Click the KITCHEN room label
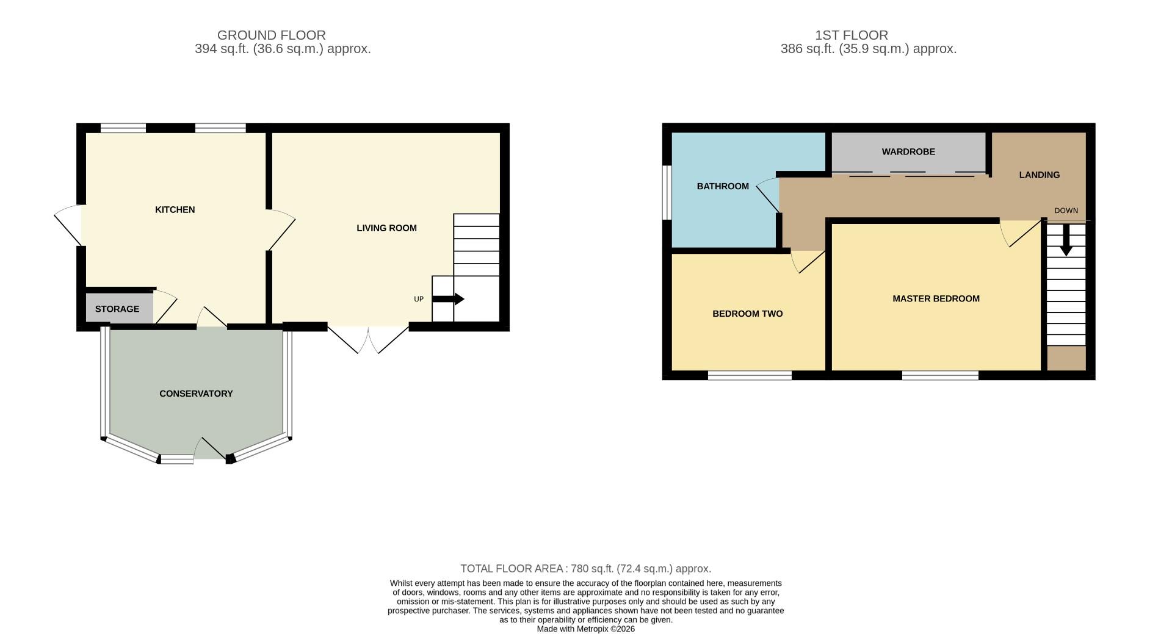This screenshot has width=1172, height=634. coord(175,209)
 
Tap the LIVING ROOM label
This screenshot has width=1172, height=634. coord(386,228)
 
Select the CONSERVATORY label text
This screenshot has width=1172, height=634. coord(196,394)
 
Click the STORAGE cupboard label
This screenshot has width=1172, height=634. coord(117,309)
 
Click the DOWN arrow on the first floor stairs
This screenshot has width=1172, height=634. coord(1066,241)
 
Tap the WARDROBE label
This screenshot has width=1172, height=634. coord(908,151)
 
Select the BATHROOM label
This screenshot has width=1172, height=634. coord(722,186)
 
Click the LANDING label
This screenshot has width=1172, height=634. coord(1039,175)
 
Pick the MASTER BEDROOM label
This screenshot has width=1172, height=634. coord(936,298)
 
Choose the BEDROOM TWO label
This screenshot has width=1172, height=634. coord(747,314)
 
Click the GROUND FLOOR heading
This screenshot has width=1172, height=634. coord(271,35)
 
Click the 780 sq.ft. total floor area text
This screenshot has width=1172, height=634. coord(586,569)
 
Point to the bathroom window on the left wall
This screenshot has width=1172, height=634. coord(667,192)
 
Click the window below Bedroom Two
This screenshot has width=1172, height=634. coord(750,375)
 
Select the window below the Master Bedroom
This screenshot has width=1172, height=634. coord(940,375)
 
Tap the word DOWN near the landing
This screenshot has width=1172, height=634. coord(1066,211)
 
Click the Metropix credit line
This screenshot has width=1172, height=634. coord(585,629)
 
